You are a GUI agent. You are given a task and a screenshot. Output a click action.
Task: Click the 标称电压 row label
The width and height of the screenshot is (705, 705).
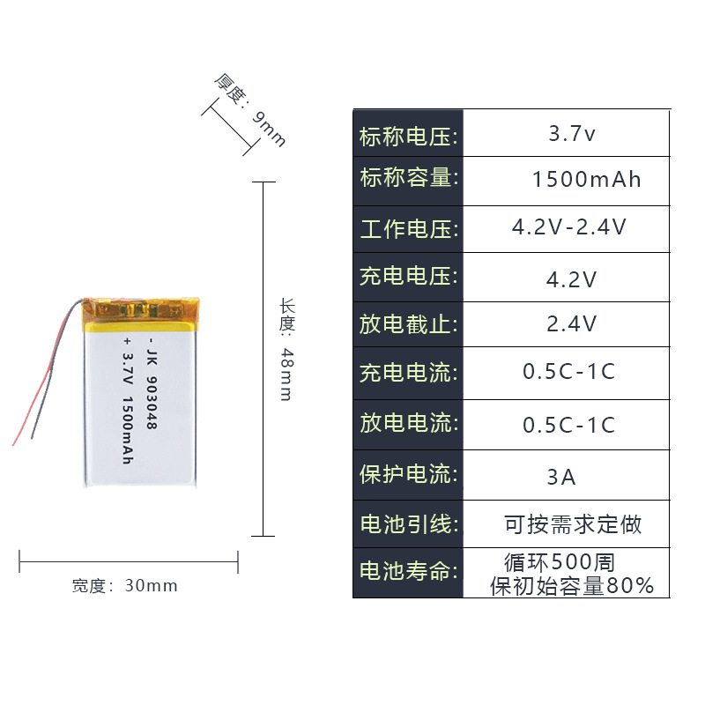pos(408,136)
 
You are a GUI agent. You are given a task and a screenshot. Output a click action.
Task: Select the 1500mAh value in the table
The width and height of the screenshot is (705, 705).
pos(586,180)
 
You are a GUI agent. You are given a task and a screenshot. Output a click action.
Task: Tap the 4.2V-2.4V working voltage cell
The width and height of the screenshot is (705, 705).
pos(569,227)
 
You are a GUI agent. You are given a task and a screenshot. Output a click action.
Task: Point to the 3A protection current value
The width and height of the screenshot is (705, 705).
pos(561,477)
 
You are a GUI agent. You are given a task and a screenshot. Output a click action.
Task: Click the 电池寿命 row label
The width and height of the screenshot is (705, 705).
pos(408,572)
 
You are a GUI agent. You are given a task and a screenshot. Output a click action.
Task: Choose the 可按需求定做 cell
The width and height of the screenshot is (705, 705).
pos(573,525)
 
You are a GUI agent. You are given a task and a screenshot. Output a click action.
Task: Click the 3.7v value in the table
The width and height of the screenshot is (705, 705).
pos(572,135)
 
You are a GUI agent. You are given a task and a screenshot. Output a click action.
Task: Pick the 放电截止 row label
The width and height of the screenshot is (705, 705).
pos(408,325)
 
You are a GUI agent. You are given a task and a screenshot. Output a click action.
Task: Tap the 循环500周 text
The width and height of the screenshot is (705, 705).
pos(560,561)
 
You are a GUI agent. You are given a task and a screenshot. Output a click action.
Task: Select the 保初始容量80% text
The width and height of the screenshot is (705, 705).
pos(572,585)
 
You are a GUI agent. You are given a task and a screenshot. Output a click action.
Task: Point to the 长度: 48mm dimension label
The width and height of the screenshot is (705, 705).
pos(286,349)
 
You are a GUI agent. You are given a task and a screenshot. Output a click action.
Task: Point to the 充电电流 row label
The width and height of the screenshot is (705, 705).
pos(408,372)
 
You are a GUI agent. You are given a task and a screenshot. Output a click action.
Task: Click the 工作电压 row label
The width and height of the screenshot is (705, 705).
pos(408,229)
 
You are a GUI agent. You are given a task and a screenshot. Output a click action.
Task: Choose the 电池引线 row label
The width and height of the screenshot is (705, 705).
pos(408,524)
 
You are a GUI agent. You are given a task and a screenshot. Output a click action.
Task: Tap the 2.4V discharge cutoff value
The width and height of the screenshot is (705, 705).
pos(572,323)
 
